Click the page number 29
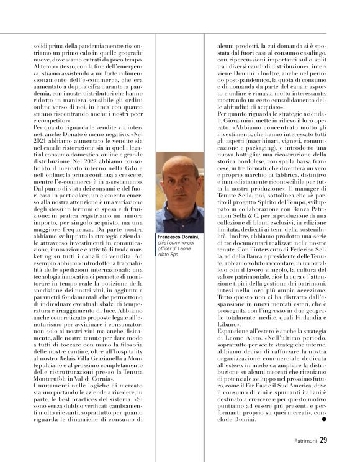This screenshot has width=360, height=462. click(x=323, y=441)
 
